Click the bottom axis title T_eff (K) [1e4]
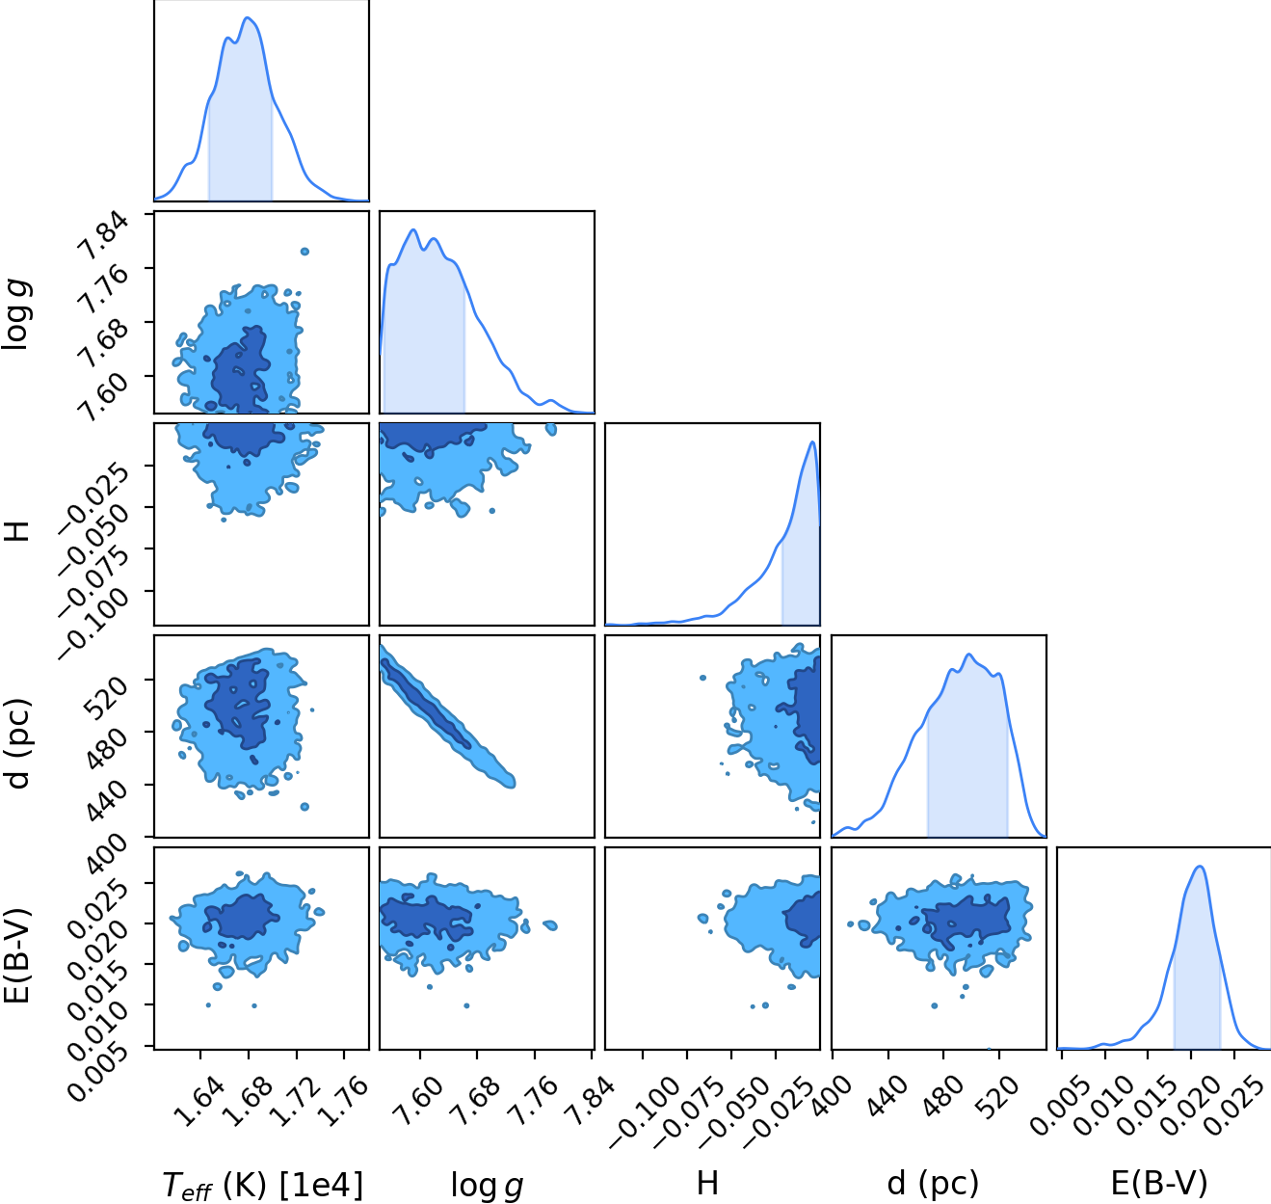pyautogui.click(x=262, y=1186)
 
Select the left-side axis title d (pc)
pyautogui.click(x=19, y=744)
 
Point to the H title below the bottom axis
pyautogui.click(x=707, y=1183)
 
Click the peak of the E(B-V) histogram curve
pyautogui.click(x=1200, y=867)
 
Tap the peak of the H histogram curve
pyautogui.click(x=812, y=441)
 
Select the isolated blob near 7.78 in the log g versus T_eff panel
pyautogui.click(x=305, y=252)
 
